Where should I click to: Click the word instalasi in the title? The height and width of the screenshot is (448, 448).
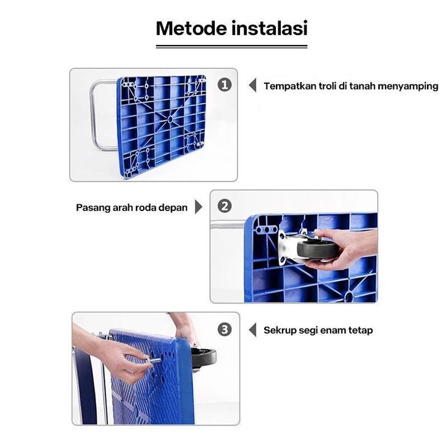point(270,28)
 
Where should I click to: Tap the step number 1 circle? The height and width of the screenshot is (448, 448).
point(225,85)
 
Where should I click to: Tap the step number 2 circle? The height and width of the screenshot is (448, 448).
point(225,206)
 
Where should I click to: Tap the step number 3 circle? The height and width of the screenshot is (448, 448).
point(225,330)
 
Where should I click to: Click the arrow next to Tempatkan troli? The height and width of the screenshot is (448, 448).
point(252,85)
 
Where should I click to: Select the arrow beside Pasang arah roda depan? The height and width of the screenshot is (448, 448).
point(199,207)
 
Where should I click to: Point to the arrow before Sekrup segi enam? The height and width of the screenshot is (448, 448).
point(252,330)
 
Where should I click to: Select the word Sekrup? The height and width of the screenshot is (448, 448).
point(280,331)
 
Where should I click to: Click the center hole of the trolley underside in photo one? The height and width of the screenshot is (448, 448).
point(170,120)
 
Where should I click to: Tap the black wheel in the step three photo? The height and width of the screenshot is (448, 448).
point(204,358)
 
